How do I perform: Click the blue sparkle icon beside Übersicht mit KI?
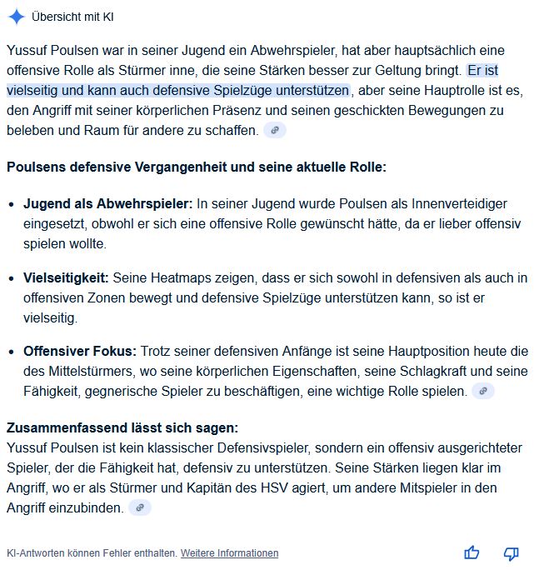pos(16,17)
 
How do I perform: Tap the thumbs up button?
pos(472,552)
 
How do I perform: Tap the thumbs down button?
pos(512,552)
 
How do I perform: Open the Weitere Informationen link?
pos(230,553)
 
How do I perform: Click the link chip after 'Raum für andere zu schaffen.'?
pos(274,130)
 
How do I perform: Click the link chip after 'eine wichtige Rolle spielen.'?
pos(483,391)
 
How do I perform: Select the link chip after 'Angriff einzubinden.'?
pos(140,507)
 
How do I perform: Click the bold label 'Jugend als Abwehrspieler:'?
pos(108,203)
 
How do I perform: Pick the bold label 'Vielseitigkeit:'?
pos(66,277)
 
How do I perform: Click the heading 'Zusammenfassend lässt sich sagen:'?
pos(122,427)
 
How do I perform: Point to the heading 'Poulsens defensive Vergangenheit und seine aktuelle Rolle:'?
pos(197,167)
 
